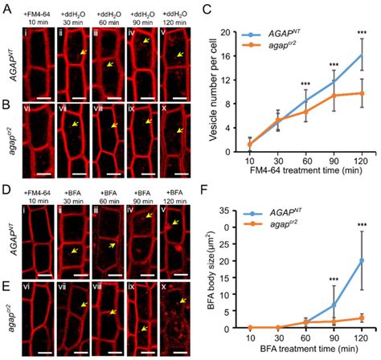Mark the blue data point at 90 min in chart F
[x=334, y=305]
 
